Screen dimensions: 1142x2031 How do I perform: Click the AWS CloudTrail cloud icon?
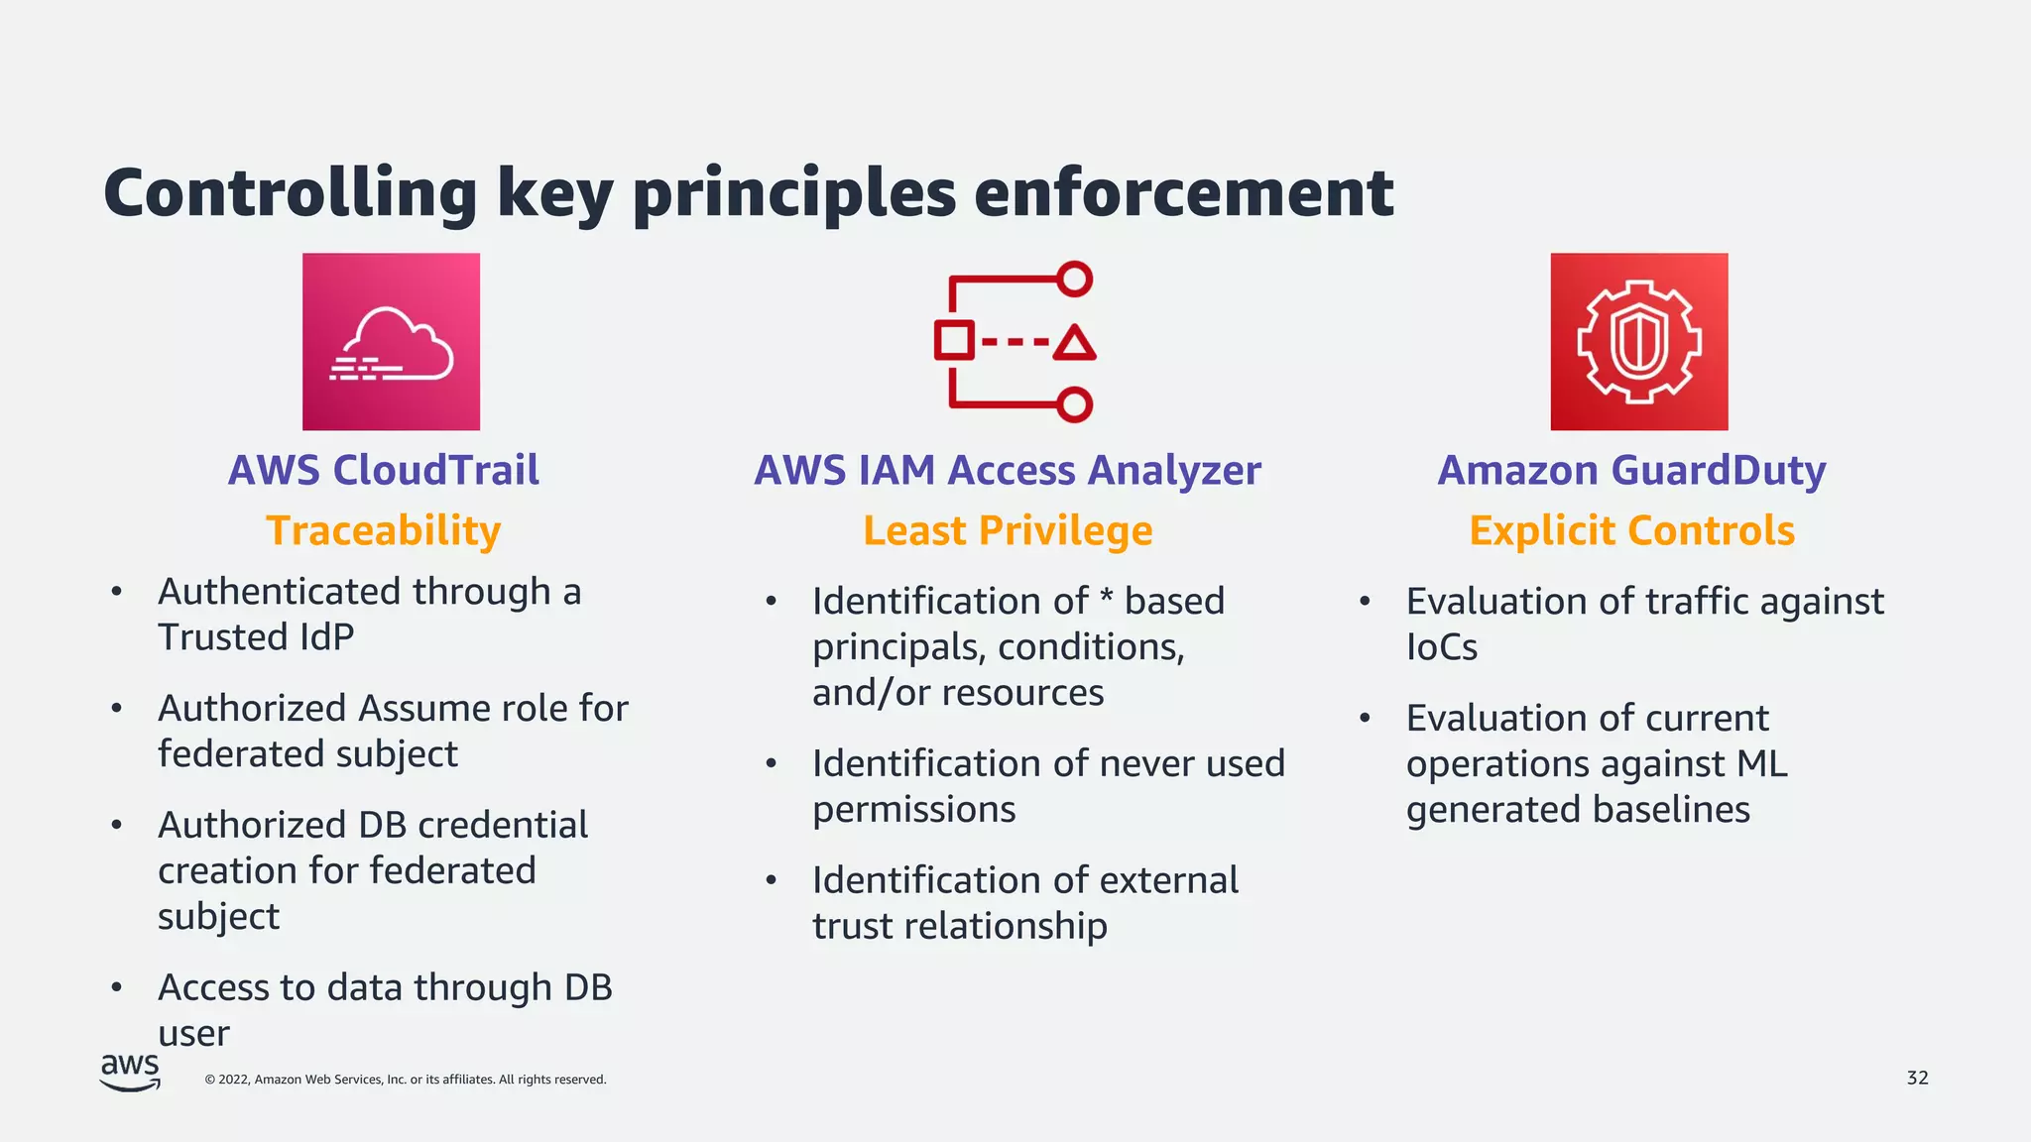[391, 342]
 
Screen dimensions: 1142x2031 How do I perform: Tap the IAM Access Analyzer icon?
[1014, 342]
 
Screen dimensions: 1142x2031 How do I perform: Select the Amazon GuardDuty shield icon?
[1639, 342]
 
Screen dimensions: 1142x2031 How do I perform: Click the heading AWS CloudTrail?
[384, 470]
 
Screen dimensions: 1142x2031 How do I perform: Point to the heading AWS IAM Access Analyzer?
[1008, 470]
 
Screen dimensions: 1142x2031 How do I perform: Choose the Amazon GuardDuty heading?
[1631, 470]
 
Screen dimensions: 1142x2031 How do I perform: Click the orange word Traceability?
[384, 530]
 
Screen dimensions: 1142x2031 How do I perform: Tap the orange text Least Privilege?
[1008, 530]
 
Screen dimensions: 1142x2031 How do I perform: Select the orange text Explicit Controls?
[1631, 530]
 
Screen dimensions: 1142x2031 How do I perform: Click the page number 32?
[1917, 1078]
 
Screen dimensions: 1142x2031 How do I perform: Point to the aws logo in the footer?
[130, 1072]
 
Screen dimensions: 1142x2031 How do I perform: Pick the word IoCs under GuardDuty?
[1441, 647]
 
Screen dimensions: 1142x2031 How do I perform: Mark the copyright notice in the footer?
[406, 1080]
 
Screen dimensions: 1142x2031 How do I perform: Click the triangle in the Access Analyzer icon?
[1074, 343]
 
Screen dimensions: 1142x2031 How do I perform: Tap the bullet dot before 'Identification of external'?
[772, 880]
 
